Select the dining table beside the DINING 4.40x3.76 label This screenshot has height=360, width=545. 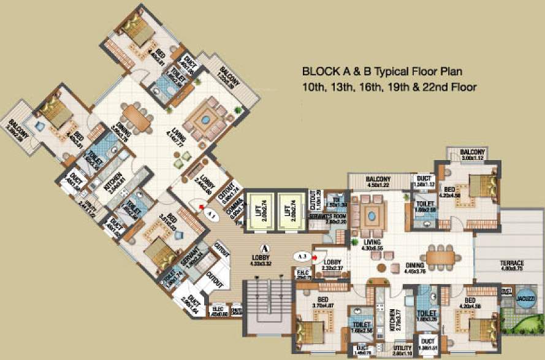point(442,258)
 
